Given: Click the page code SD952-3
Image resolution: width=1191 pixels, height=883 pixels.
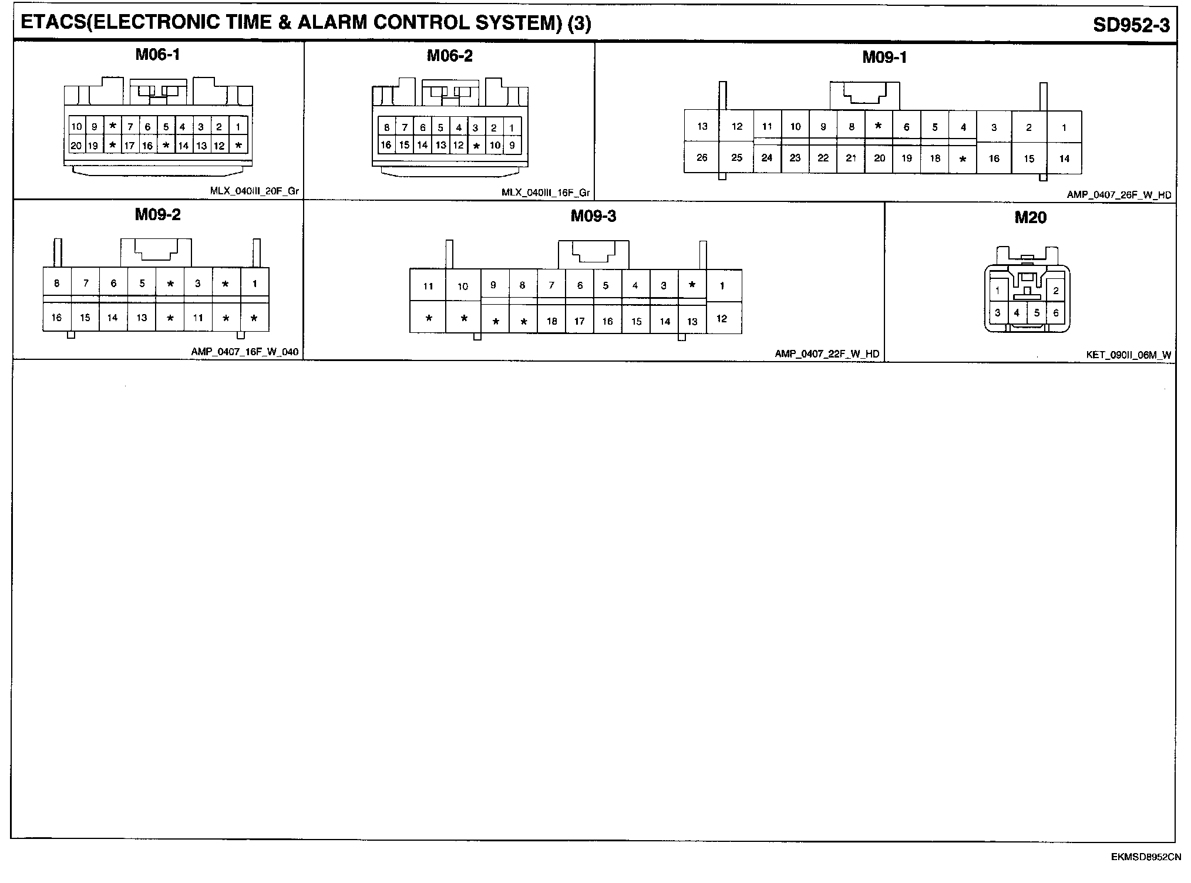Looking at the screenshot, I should tap(1131, 25).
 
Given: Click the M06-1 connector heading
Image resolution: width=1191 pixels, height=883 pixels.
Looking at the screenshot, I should tap(157, 55).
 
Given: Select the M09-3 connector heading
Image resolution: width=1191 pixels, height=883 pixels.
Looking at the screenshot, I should tap(593, 217).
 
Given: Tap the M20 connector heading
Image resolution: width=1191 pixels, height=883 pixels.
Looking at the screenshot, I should tap(1030, 218).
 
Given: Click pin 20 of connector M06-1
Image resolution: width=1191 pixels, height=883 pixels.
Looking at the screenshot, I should tap(76, 146).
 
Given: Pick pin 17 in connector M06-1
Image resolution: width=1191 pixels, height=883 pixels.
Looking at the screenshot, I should tap(130, 146).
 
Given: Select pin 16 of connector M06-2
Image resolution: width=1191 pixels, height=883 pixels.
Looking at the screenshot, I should tap(386, 145).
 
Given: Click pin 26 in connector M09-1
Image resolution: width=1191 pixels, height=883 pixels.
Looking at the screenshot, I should tap(702, 157).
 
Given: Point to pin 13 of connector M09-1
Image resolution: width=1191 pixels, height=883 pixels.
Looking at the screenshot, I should tap(702, 126).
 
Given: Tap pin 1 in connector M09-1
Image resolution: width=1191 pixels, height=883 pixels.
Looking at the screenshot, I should tap(1064, 127).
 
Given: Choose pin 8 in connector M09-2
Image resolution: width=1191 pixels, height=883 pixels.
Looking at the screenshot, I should tap(57, 284).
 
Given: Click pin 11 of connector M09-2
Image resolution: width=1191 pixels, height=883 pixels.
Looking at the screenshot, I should tap(198, 318).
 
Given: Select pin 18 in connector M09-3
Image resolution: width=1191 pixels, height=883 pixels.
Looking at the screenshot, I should tap(551, 321).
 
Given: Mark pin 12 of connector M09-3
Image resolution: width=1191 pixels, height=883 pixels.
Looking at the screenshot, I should tap(721, 319).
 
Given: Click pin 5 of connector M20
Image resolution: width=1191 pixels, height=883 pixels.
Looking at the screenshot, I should tap(1037, 313).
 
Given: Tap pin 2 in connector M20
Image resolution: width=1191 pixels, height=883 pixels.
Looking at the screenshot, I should tap(1055, 291).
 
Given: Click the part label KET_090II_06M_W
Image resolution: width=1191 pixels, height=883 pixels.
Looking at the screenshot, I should tap(1128, 355).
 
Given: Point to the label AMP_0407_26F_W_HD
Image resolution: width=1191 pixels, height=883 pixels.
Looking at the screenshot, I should tap(1119, 194).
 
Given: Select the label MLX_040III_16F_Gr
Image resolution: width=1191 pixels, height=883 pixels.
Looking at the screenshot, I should tap(546, 193).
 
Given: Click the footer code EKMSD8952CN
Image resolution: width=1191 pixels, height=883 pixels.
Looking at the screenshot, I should tap(1145, 857).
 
